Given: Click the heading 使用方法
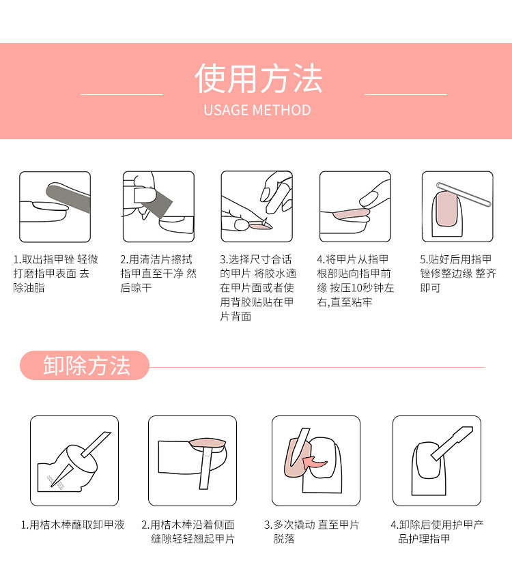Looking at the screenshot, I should (257, 79).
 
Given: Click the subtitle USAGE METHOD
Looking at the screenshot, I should (257, 111).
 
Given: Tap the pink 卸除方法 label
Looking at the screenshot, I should (86, 366).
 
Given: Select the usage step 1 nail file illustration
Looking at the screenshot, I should (55, 207).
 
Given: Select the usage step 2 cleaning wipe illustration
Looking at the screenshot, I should (158, 207).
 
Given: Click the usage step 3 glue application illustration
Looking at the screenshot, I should (257, 207).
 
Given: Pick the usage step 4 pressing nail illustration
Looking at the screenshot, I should (355, 207).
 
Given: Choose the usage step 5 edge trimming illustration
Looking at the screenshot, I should (457, 207).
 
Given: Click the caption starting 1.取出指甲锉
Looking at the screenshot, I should (55, 274).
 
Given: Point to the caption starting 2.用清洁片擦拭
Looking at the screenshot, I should (158, 274).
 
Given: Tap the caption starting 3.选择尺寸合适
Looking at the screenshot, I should (257, 288).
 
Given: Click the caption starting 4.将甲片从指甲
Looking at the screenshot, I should (355, 280).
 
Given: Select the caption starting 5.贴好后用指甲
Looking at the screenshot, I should (457, 274).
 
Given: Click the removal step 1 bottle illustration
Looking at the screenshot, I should (74, 461).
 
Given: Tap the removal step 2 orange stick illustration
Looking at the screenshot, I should (193, 461).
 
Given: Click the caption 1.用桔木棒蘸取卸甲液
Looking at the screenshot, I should (72, 525).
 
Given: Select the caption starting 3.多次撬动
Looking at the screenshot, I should (311, 531).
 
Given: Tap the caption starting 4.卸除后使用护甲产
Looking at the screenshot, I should (437, 531).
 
